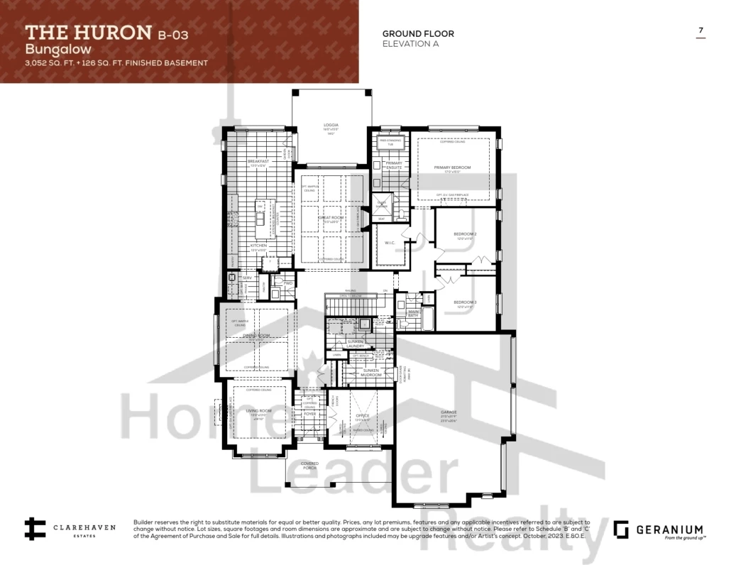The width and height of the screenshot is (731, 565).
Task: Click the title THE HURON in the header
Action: [x=89, y=32]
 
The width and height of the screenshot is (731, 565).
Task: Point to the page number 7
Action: [x=701, y=31]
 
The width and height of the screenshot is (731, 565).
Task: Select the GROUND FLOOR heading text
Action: [x=418, y=33]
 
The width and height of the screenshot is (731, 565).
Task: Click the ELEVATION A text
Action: [x=410, y=43]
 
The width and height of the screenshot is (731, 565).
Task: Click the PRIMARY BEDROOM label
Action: [x=452, y=168]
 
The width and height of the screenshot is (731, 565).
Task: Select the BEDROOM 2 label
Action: [x=465, y=234]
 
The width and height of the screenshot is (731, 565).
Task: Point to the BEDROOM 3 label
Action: [x=465, y=302]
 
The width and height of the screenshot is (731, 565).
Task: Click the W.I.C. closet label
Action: [x=390, y=243]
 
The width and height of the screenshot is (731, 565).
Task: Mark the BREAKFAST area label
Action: [x=258, y=162]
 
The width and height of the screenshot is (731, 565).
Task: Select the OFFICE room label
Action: [x=363, y=416]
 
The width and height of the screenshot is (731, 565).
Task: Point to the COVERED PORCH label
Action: [x=309, y=465]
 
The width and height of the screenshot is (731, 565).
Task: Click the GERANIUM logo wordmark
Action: [x=670, y=529]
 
